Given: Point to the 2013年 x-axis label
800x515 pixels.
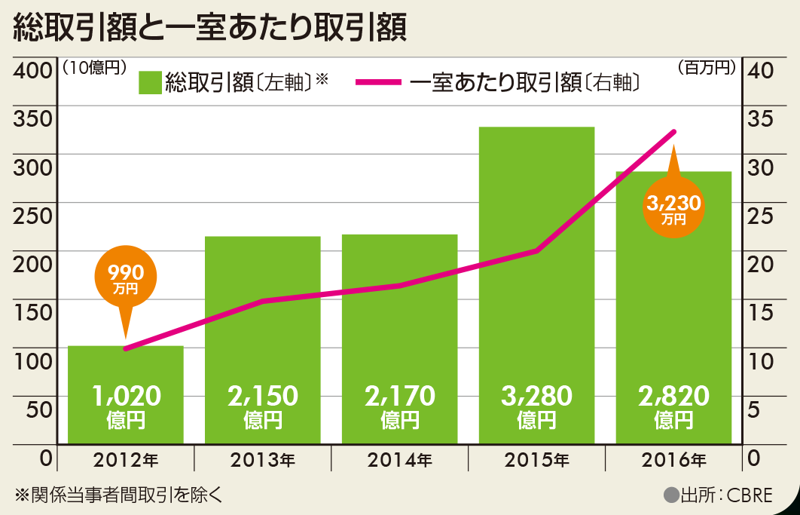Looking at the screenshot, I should (x=262, y=458).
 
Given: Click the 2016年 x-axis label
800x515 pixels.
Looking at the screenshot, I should (x=673, y=458).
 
